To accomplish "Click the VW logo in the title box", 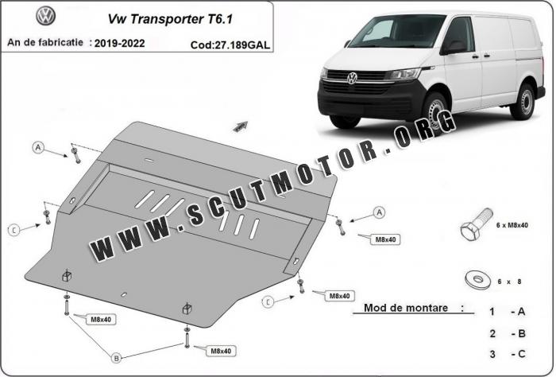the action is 46,16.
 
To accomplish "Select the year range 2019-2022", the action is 119,43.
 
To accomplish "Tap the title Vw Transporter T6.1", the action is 170,19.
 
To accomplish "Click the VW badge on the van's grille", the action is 351,78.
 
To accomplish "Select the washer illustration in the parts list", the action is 477,279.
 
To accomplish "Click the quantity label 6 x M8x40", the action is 512,225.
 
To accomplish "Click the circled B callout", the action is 116,358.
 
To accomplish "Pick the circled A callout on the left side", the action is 38,147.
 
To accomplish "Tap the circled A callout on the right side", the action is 379,212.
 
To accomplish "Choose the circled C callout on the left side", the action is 14,230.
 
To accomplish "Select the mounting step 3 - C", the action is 508,354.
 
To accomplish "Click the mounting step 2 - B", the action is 508,333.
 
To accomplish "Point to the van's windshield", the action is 397,31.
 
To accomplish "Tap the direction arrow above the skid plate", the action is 241,126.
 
